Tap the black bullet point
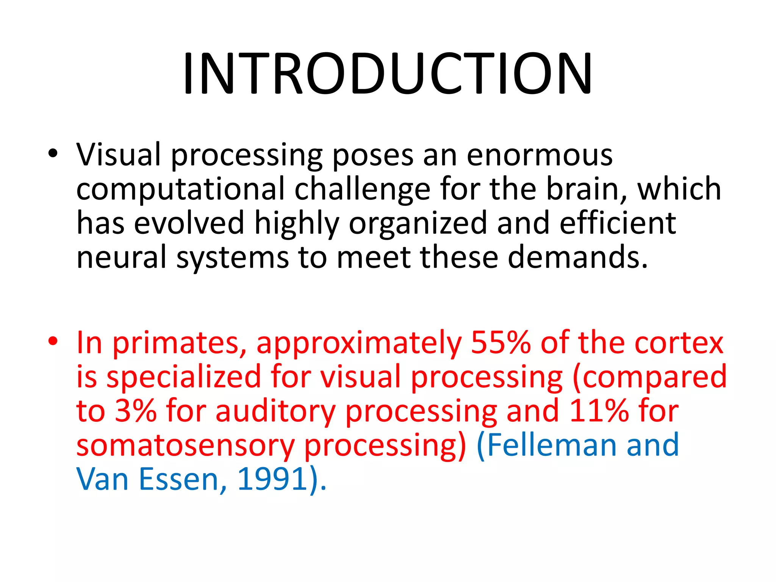click(53, 153)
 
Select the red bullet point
click(53, 341)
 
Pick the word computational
click(180, 189)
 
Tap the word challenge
click(362, 189)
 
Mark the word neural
click(121, 257)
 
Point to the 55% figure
click(500, 343)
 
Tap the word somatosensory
click(185, 445)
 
